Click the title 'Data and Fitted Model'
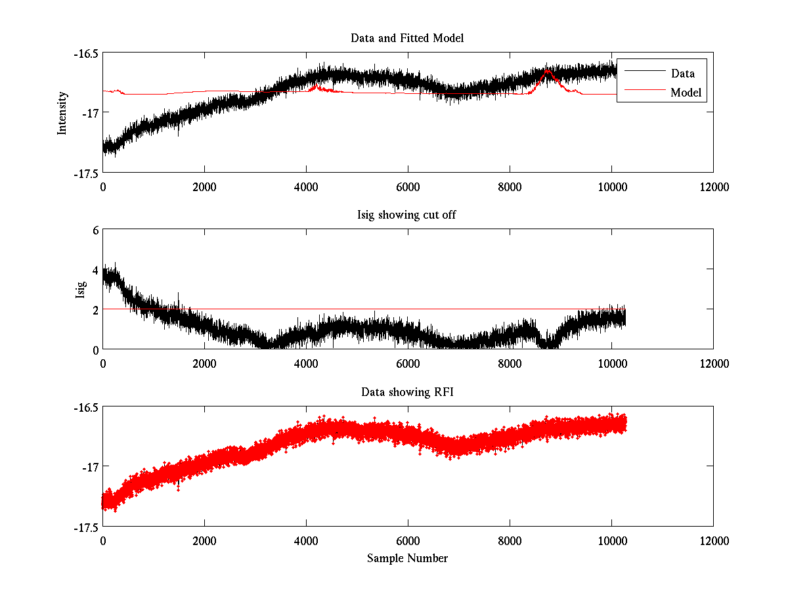[x=407, y=38]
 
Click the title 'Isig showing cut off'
[x=407, y=215]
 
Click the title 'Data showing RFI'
[x=407, y=392]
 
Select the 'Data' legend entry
[x=682, y=74]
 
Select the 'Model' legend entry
[x=686, y=93]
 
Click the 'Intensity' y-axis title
[x=62, y=112]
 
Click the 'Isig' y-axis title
[x=80, y=289]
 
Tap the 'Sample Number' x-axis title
[x=407, y=558]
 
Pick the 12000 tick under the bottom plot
[x=713, y=540]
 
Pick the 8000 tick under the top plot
[x=510, y=186]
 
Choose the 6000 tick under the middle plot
[x=408, y=363]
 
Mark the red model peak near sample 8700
[x=547, y=70]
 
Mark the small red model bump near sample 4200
[x=317, y=86]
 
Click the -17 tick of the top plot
[x=89, y=113]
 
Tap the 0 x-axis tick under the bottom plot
[x=103, y=540]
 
